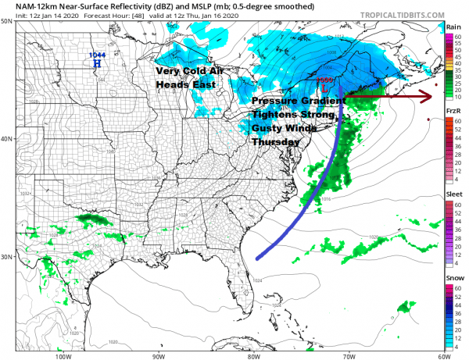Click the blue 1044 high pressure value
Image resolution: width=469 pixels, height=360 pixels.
96,55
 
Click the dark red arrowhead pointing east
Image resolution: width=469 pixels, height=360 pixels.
425,96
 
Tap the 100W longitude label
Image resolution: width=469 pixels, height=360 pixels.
65,355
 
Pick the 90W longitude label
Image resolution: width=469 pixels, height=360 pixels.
158,355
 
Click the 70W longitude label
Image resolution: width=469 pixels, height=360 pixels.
347,355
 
